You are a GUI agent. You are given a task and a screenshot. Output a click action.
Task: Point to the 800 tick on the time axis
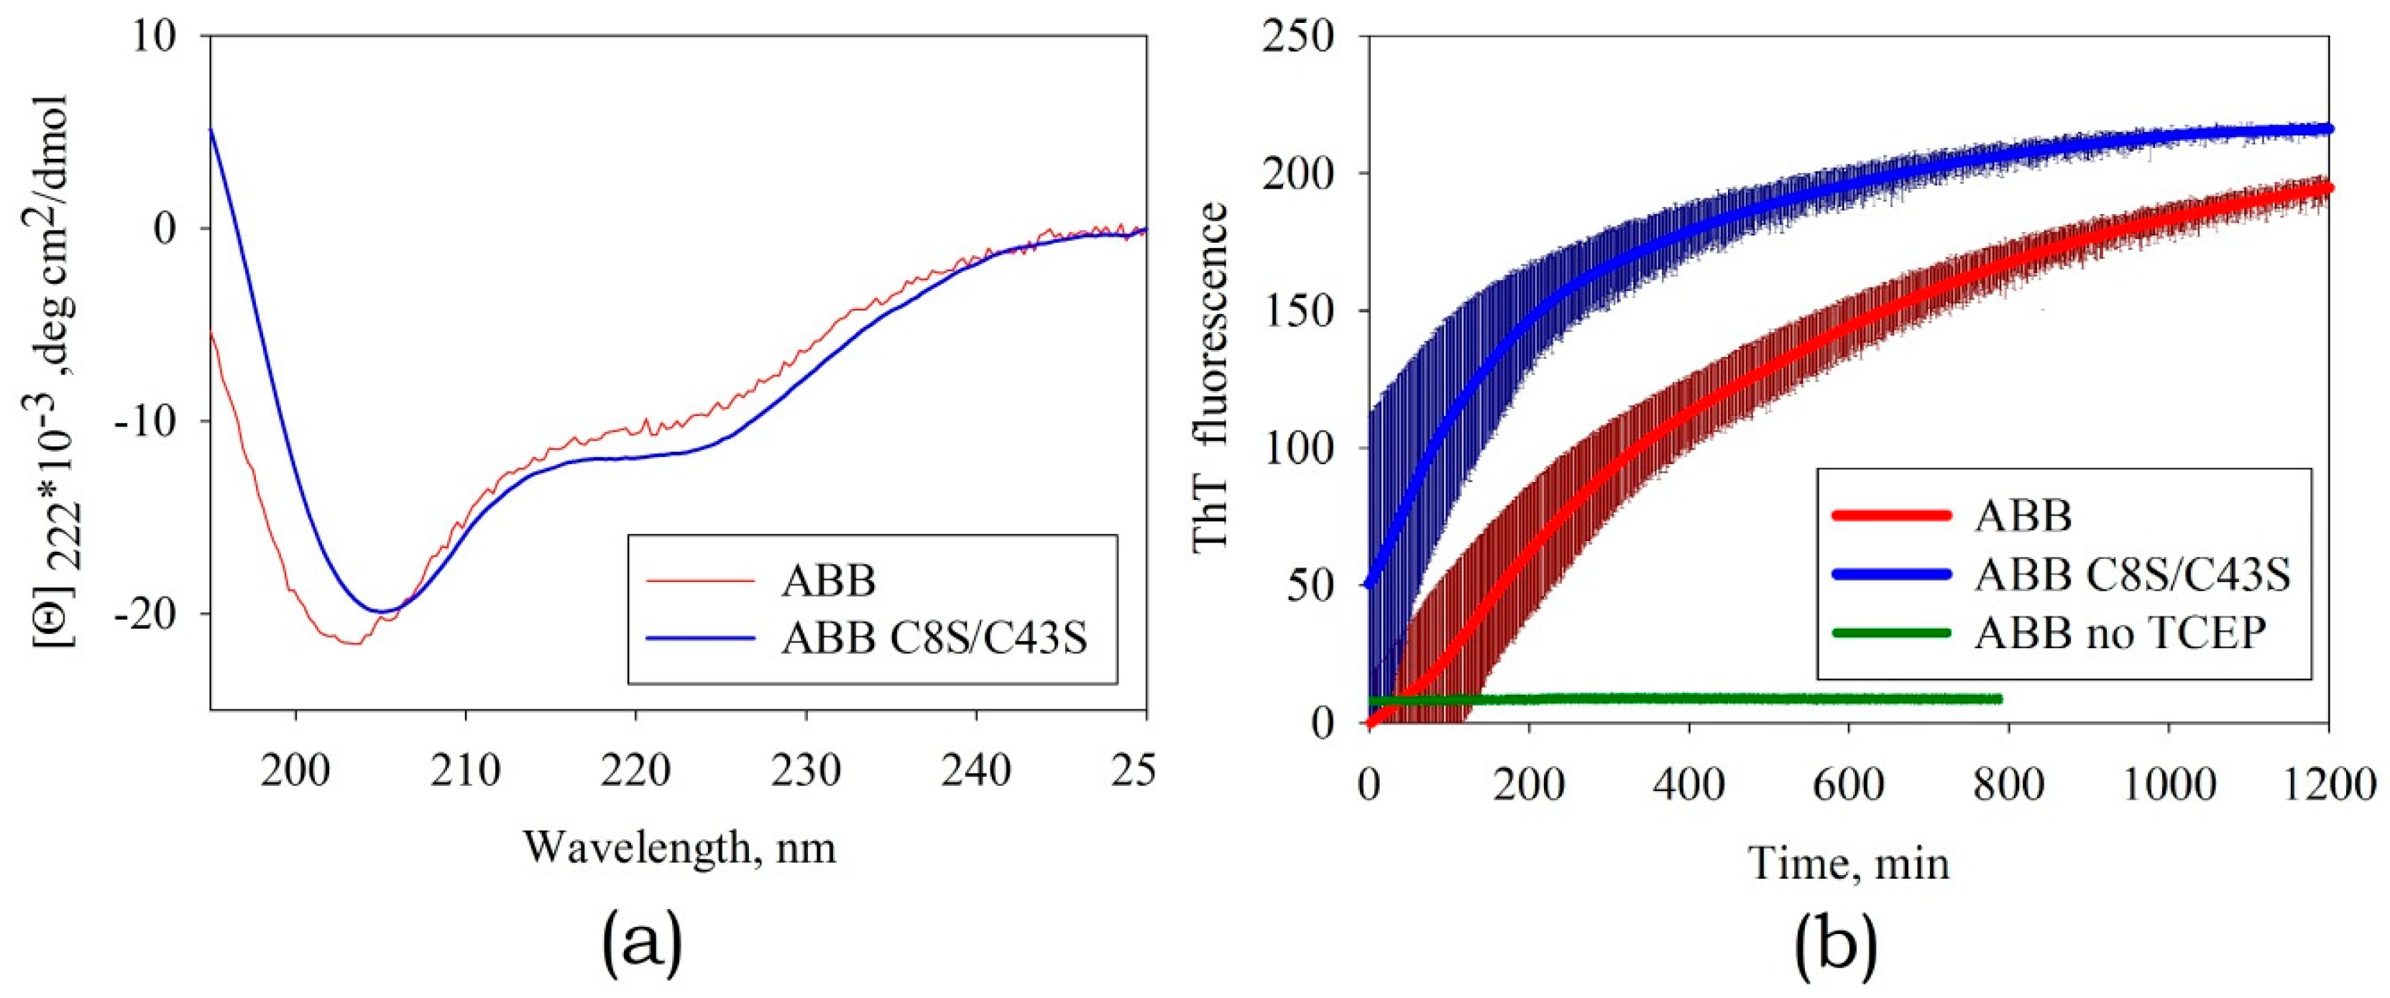(x=2008, y=785)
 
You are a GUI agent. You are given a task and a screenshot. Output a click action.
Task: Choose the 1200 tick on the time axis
(x=2326, y=785)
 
